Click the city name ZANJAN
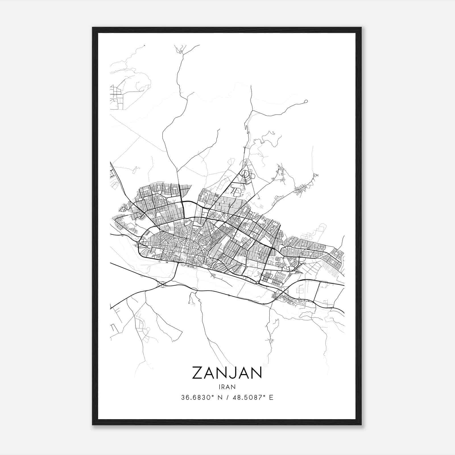click(227, 373)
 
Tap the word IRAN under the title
click(227, 387)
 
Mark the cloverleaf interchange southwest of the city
click(163, 284)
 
